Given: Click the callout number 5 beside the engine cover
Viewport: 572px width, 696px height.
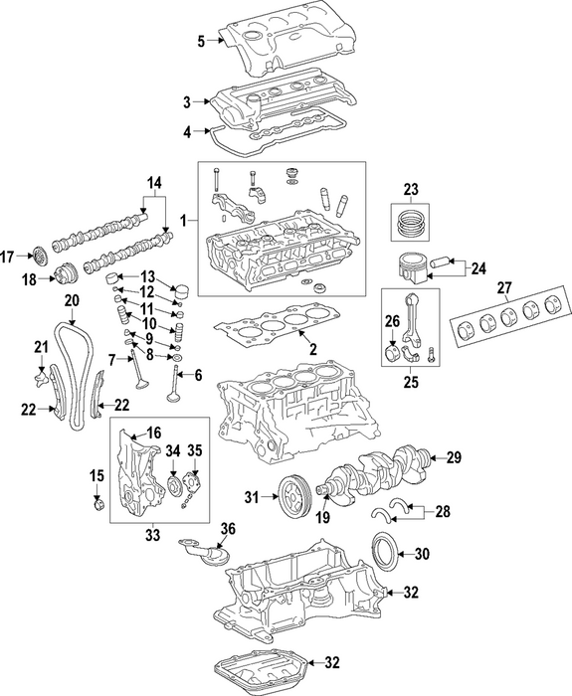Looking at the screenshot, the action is point(201,42).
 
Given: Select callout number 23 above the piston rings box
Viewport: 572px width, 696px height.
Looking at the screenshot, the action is point(411,190).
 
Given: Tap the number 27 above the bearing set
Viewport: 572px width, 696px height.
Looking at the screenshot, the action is point(505,287).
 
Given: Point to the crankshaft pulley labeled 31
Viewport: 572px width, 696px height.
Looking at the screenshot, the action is point(294,498).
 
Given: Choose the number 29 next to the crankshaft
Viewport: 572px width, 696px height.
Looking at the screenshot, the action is point(454,457).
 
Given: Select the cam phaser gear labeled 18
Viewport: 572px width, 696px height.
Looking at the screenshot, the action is point(65,278).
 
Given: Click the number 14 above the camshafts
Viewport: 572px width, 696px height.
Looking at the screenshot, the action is point(154,182).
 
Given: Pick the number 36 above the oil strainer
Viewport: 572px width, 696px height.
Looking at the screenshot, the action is point(228,529).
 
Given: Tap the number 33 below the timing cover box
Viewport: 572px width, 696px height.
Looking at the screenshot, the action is point(152,535).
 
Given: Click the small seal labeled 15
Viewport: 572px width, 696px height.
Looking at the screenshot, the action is point(98,504).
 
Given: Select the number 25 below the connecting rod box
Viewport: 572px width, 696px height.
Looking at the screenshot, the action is point(411,382).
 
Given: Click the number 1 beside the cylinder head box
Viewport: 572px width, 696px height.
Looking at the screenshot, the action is point(183,220).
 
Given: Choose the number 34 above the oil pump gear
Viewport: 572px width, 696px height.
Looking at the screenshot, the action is point(173,451).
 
